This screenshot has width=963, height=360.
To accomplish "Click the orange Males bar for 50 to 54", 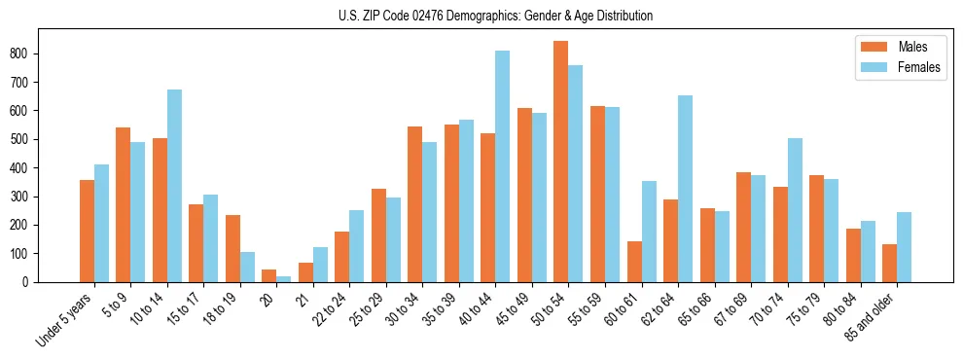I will tap(561, 162).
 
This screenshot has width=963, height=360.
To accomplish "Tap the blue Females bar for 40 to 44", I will tap(503, 166).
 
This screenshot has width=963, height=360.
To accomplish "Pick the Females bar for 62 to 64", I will tap(685, 189).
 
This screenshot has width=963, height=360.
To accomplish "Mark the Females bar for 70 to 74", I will tap(795, 210).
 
